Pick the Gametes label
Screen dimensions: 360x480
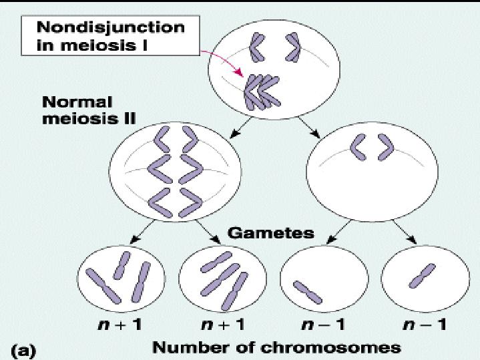click(x=271, y=233)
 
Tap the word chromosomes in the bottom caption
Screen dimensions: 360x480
click(x=336, y=347)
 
